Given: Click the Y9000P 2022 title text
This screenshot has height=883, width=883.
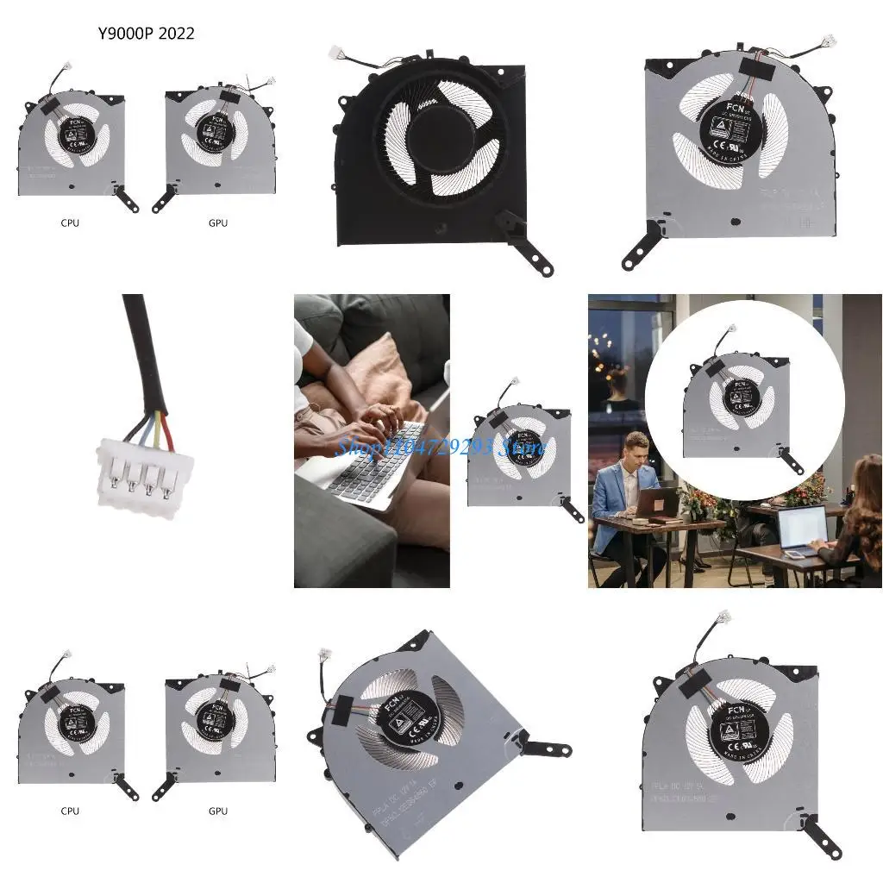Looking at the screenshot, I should (146, 34).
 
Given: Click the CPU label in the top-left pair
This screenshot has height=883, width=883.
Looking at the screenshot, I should (70, 222).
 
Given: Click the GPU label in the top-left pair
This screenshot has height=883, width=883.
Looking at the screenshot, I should (218, 222).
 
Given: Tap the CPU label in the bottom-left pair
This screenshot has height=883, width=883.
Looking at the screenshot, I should (70, 811).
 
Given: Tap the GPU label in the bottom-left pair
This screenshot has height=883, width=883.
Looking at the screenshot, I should (218, 811).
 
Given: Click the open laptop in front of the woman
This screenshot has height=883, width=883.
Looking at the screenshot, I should (800, 528).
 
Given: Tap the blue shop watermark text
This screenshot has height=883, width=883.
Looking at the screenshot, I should (440, 447).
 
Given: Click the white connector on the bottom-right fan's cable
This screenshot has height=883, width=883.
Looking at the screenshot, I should (723, 617).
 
